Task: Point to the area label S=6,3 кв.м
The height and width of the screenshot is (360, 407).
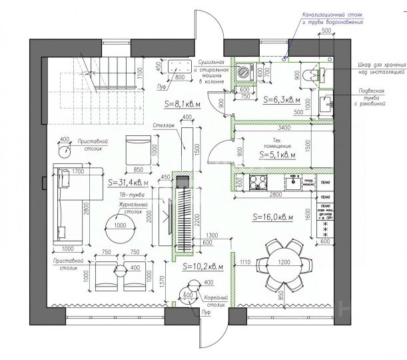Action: tap(282, 100)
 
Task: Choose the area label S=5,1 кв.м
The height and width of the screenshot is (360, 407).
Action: tap(277, 154)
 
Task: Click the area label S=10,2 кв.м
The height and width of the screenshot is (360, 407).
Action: tap(203, 266)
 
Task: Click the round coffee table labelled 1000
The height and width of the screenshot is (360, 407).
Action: tap(122, 225)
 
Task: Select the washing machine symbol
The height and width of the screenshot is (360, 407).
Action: tap(244, 71)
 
